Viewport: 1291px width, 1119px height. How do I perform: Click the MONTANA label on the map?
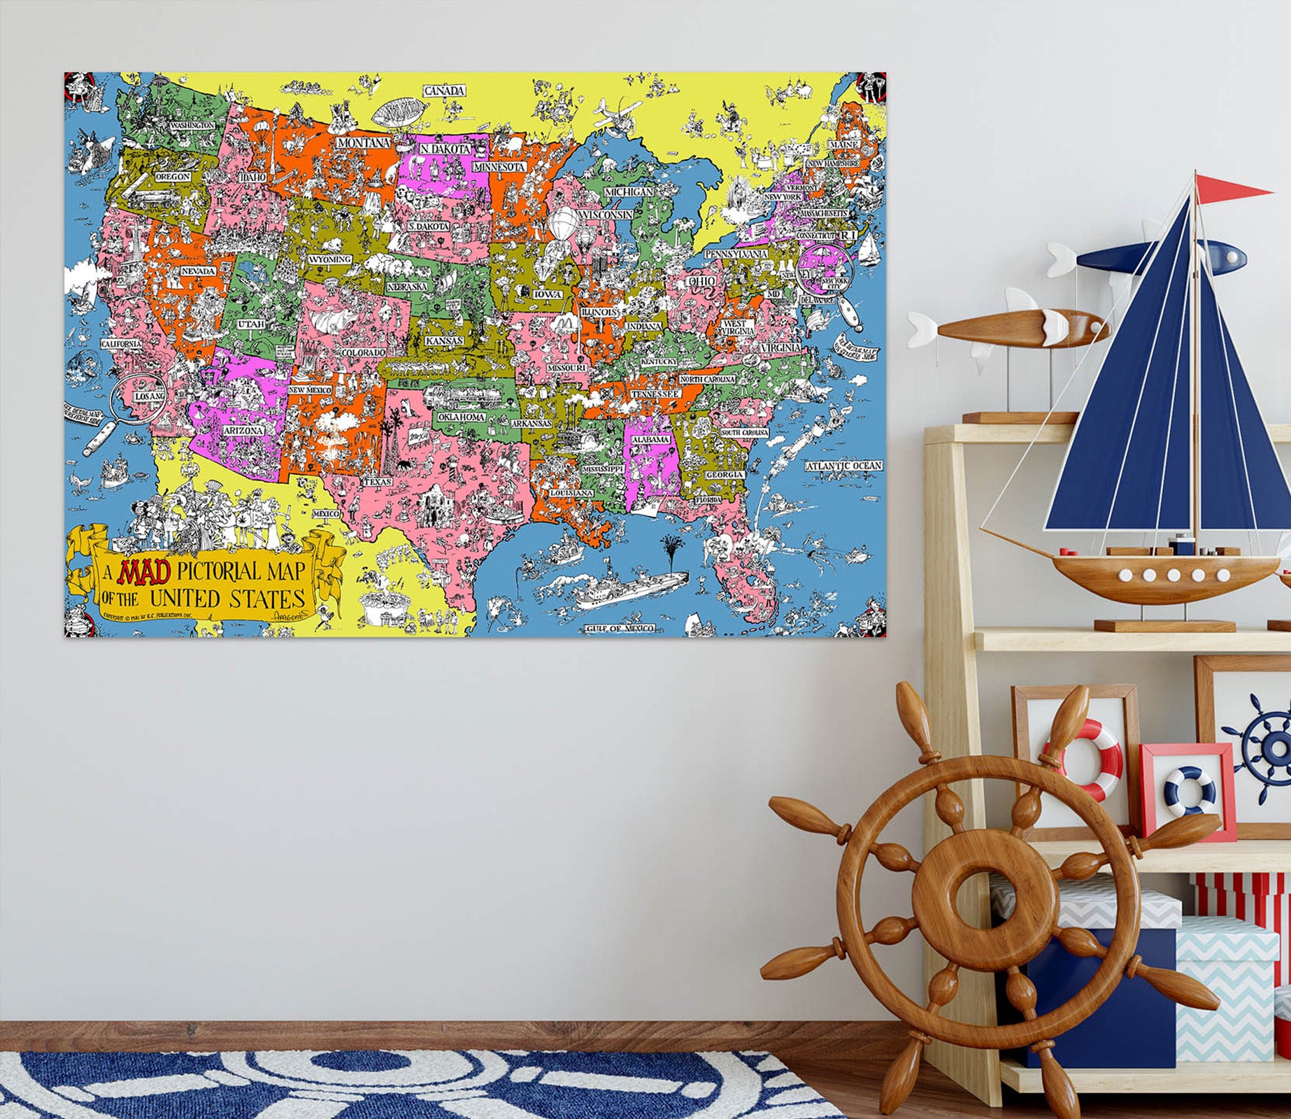click(363, 143)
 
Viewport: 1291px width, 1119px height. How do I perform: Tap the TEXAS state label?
click(378, 482)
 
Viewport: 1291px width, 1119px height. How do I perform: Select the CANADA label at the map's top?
click(445, 91)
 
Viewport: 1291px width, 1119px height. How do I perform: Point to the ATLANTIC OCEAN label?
click(844, 466)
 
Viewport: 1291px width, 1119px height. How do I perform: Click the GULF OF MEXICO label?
click(620, 628)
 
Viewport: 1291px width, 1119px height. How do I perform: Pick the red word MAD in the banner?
click(145, 572)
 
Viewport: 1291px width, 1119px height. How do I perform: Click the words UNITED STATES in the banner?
click(228, 599)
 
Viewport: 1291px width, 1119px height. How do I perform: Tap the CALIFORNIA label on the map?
click(122, 344)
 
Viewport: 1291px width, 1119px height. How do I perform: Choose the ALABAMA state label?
click(650, 439)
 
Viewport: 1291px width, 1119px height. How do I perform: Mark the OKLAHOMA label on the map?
click(462, 417)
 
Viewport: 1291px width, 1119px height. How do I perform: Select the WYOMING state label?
click(330, 259)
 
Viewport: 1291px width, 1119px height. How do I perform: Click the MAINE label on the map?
click(843, 144)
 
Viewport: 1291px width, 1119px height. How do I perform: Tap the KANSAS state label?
click(444, 341)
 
